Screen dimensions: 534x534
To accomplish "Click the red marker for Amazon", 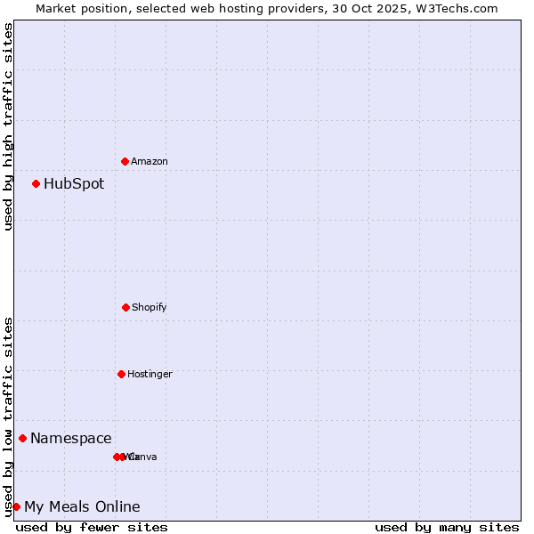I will (125, 161).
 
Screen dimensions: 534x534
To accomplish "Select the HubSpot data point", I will (36, 183).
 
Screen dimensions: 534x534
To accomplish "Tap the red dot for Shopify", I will (125, 307).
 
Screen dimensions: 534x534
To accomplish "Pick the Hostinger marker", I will (121, 374).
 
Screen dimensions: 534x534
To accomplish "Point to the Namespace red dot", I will (23, 438).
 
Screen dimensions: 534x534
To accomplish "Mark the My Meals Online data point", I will (16, 506).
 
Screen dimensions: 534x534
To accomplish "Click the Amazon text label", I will (150, 161).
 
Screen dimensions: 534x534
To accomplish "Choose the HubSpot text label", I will (74, 184).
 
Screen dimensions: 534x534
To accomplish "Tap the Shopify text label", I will (150, 307).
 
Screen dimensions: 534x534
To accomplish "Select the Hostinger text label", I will (150, 374).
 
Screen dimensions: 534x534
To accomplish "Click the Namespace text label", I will (71, 438).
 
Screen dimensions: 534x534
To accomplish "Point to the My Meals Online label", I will (82, 507).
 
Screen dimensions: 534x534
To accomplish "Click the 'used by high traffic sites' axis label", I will (8, 126).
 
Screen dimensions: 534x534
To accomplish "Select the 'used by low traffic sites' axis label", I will (8, 417).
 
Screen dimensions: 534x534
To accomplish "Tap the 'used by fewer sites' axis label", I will (92, 527).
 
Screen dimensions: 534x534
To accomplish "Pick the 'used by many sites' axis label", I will (447, 527).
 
